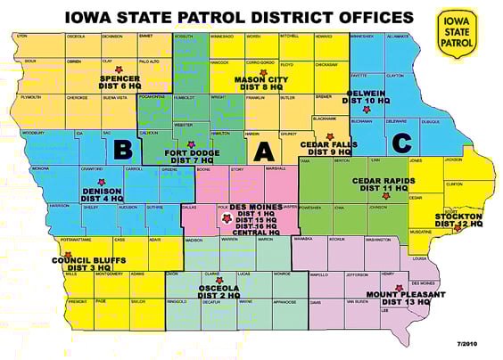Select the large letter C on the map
(401, 142)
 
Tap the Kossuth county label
(183, 37)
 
